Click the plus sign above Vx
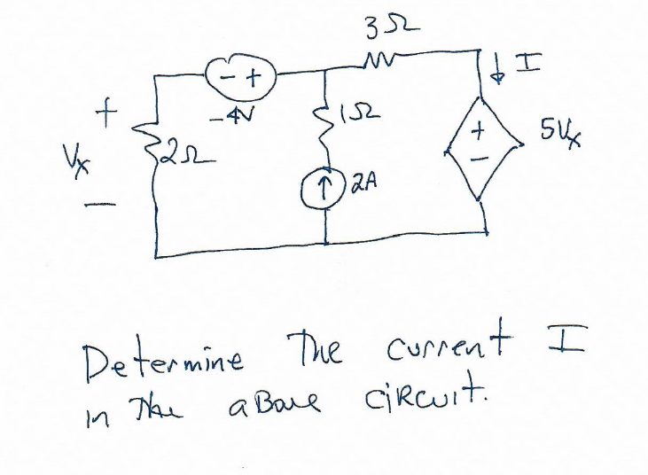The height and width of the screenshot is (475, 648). (107, 113)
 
